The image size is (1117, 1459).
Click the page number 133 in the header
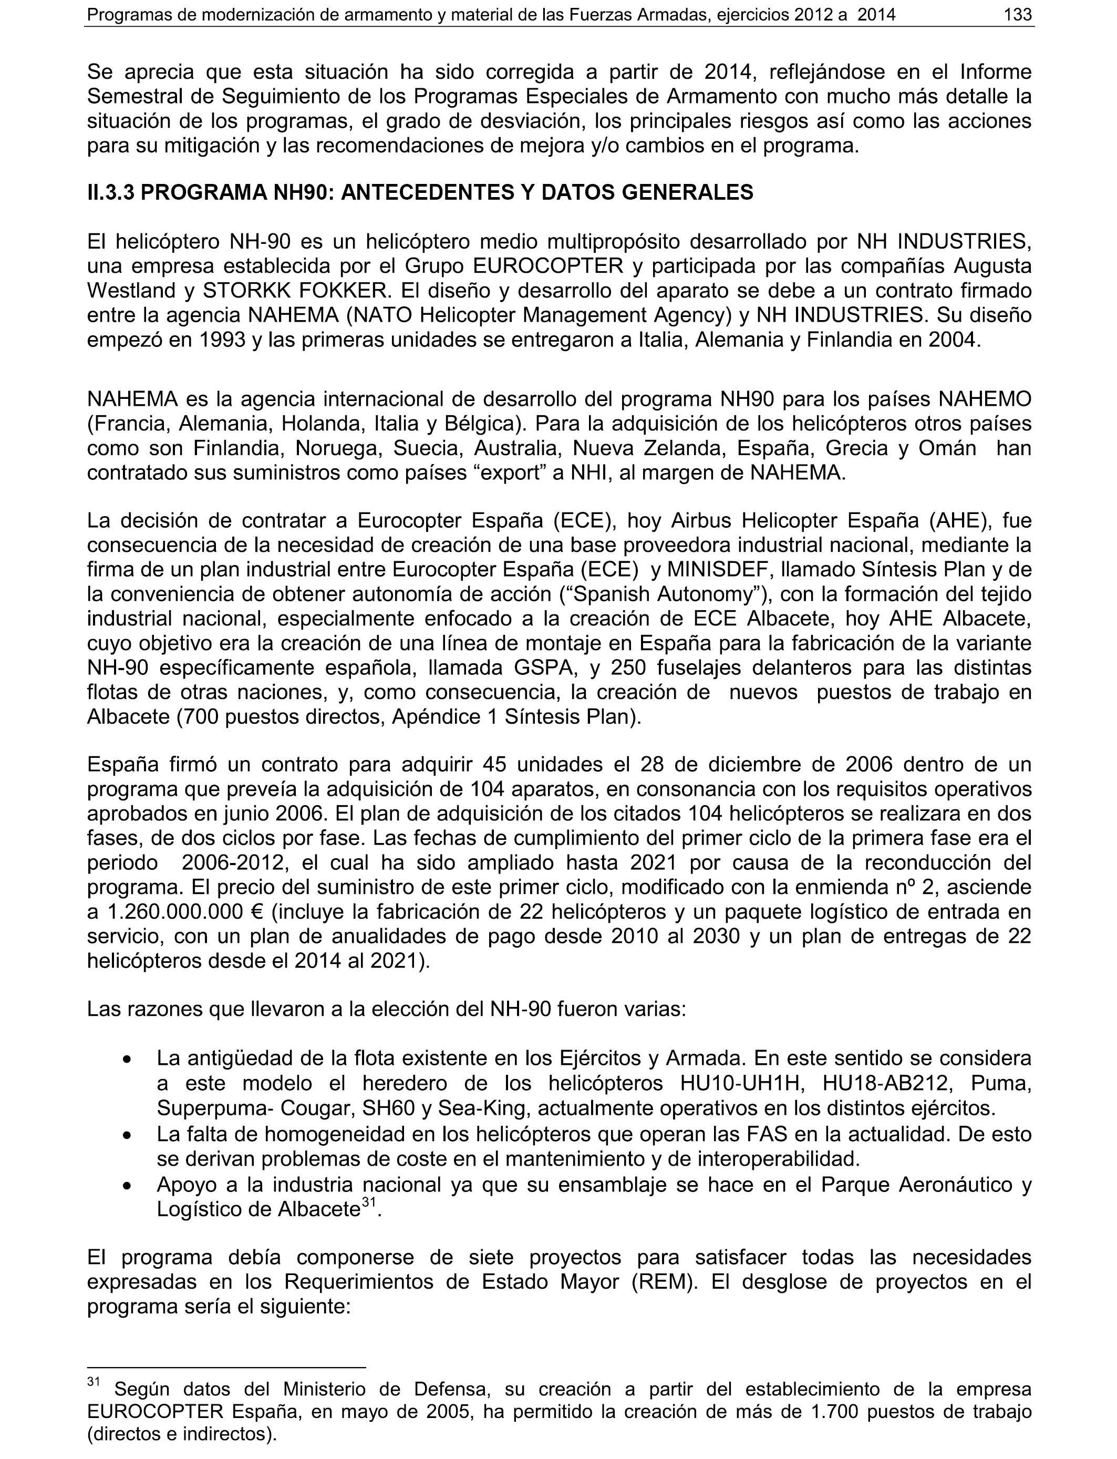pyautogui.click(x=1018, y=14)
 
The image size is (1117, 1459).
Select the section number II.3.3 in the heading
pyautogui.click(x=110, y=192)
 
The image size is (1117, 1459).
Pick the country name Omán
pyautogui.click(x=947, y=448)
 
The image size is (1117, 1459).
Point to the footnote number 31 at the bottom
pyautogui.click(x=93, y=1382)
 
